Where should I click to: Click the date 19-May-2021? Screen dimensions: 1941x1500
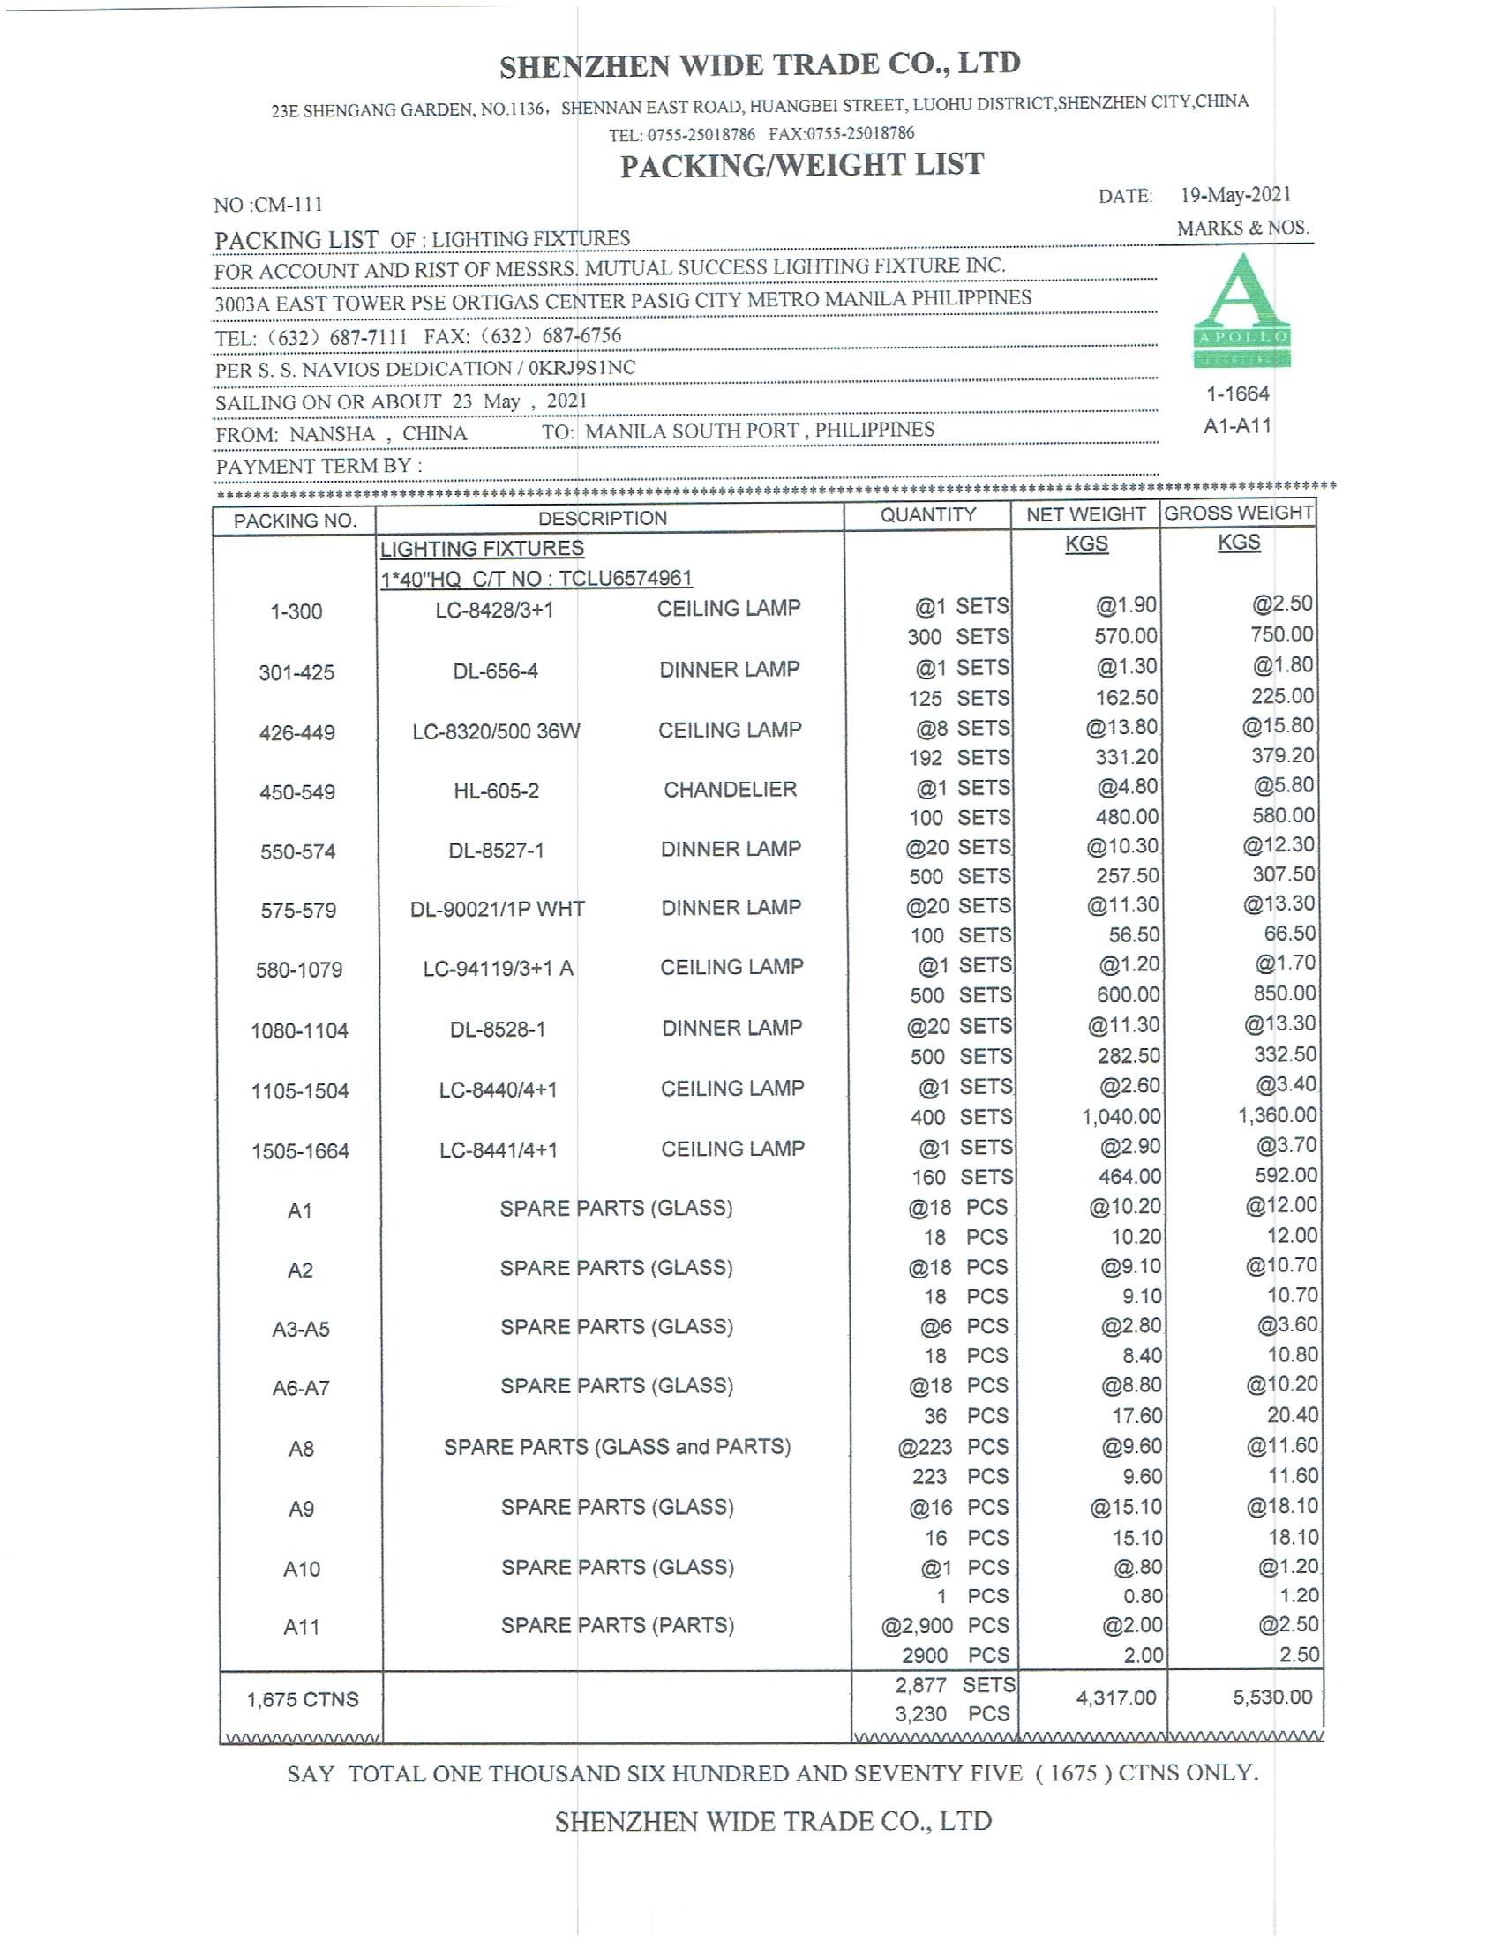(1235, 195)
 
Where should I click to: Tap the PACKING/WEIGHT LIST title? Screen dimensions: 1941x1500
(801, 165)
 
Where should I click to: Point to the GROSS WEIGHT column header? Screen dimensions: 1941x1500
(1238, 513)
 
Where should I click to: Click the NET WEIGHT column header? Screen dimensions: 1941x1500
(1085, 514)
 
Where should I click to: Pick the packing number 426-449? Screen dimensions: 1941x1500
(296, 733)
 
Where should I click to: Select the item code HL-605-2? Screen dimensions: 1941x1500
(496, 791)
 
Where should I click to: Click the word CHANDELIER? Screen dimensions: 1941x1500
(730, 790)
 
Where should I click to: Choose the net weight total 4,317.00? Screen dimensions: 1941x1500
(1115, 1697)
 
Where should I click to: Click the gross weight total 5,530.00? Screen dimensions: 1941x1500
(1271, 1697)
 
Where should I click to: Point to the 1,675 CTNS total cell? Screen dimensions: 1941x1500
(302, 1699)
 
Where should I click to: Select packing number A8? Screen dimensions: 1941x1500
(301, 1449)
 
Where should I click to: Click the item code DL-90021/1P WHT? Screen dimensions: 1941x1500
(497, 909)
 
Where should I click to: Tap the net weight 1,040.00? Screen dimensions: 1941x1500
(1121, 1116)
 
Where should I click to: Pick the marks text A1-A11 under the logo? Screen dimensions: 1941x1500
(1237, 426)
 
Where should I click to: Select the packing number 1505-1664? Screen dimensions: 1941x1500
(300, 1150)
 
